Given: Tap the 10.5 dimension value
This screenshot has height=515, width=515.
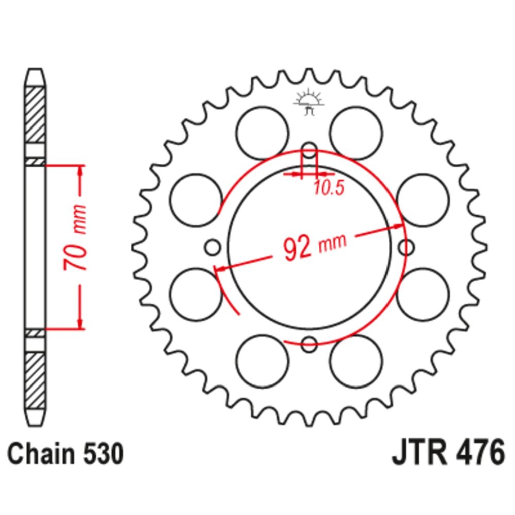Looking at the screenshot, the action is [329, 188].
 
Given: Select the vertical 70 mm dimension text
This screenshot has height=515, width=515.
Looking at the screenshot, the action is [75, 237].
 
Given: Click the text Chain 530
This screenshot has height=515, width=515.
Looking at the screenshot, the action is [65, 454].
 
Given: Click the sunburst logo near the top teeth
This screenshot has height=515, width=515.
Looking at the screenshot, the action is [308, 101].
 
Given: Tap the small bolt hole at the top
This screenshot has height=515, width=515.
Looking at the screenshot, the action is [309, 151].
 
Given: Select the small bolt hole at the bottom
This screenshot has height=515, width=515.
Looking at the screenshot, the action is [309, 344].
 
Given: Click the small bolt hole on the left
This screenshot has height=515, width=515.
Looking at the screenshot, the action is [213, 247].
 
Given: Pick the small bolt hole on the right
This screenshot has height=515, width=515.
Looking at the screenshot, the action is [406, 247].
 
